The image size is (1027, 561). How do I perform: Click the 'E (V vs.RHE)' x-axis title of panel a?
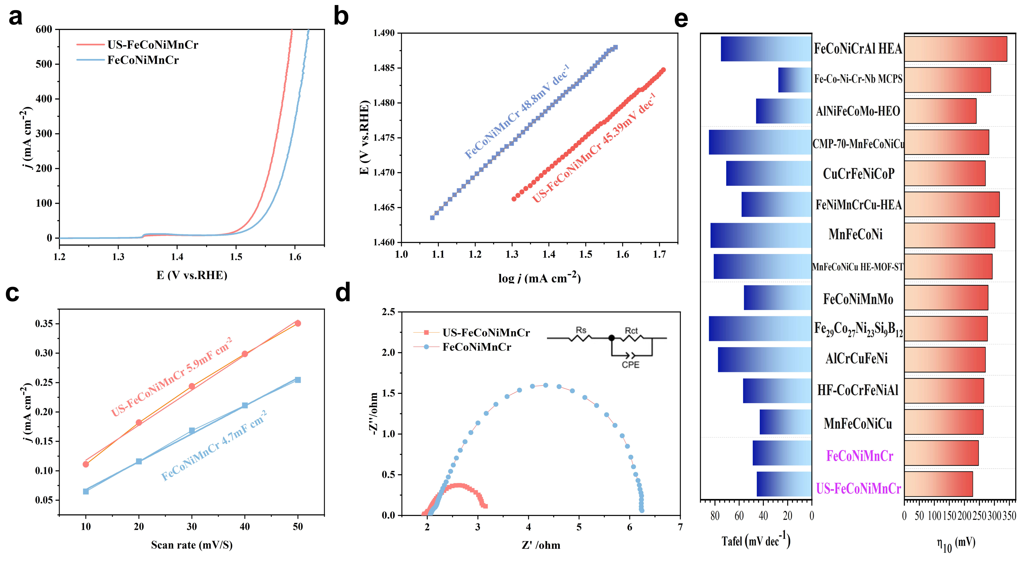192,275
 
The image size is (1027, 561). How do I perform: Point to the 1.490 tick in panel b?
383,33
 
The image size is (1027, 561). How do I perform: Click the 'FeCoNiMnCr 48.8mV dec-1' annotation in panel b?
517,112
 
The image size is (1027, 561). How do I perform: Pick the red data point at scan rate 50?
298,323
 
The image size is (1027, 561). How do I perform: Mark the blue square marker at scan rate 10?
86,491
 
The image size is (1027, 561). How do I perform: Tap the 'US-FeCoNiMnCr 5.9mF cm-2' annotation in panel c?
171,377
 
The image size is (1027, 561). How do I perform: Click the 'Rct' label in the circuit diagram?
631,331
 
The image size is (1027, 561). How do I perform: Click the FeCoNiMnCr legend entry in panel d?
462,347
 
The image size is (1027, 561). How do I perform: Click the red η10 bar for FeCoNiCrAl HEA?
956,49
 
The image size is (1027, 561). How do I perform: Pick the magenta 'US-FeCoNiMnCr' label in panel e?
858,488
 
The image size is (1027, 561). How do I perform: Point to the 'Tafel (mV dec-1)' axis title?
756,540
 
